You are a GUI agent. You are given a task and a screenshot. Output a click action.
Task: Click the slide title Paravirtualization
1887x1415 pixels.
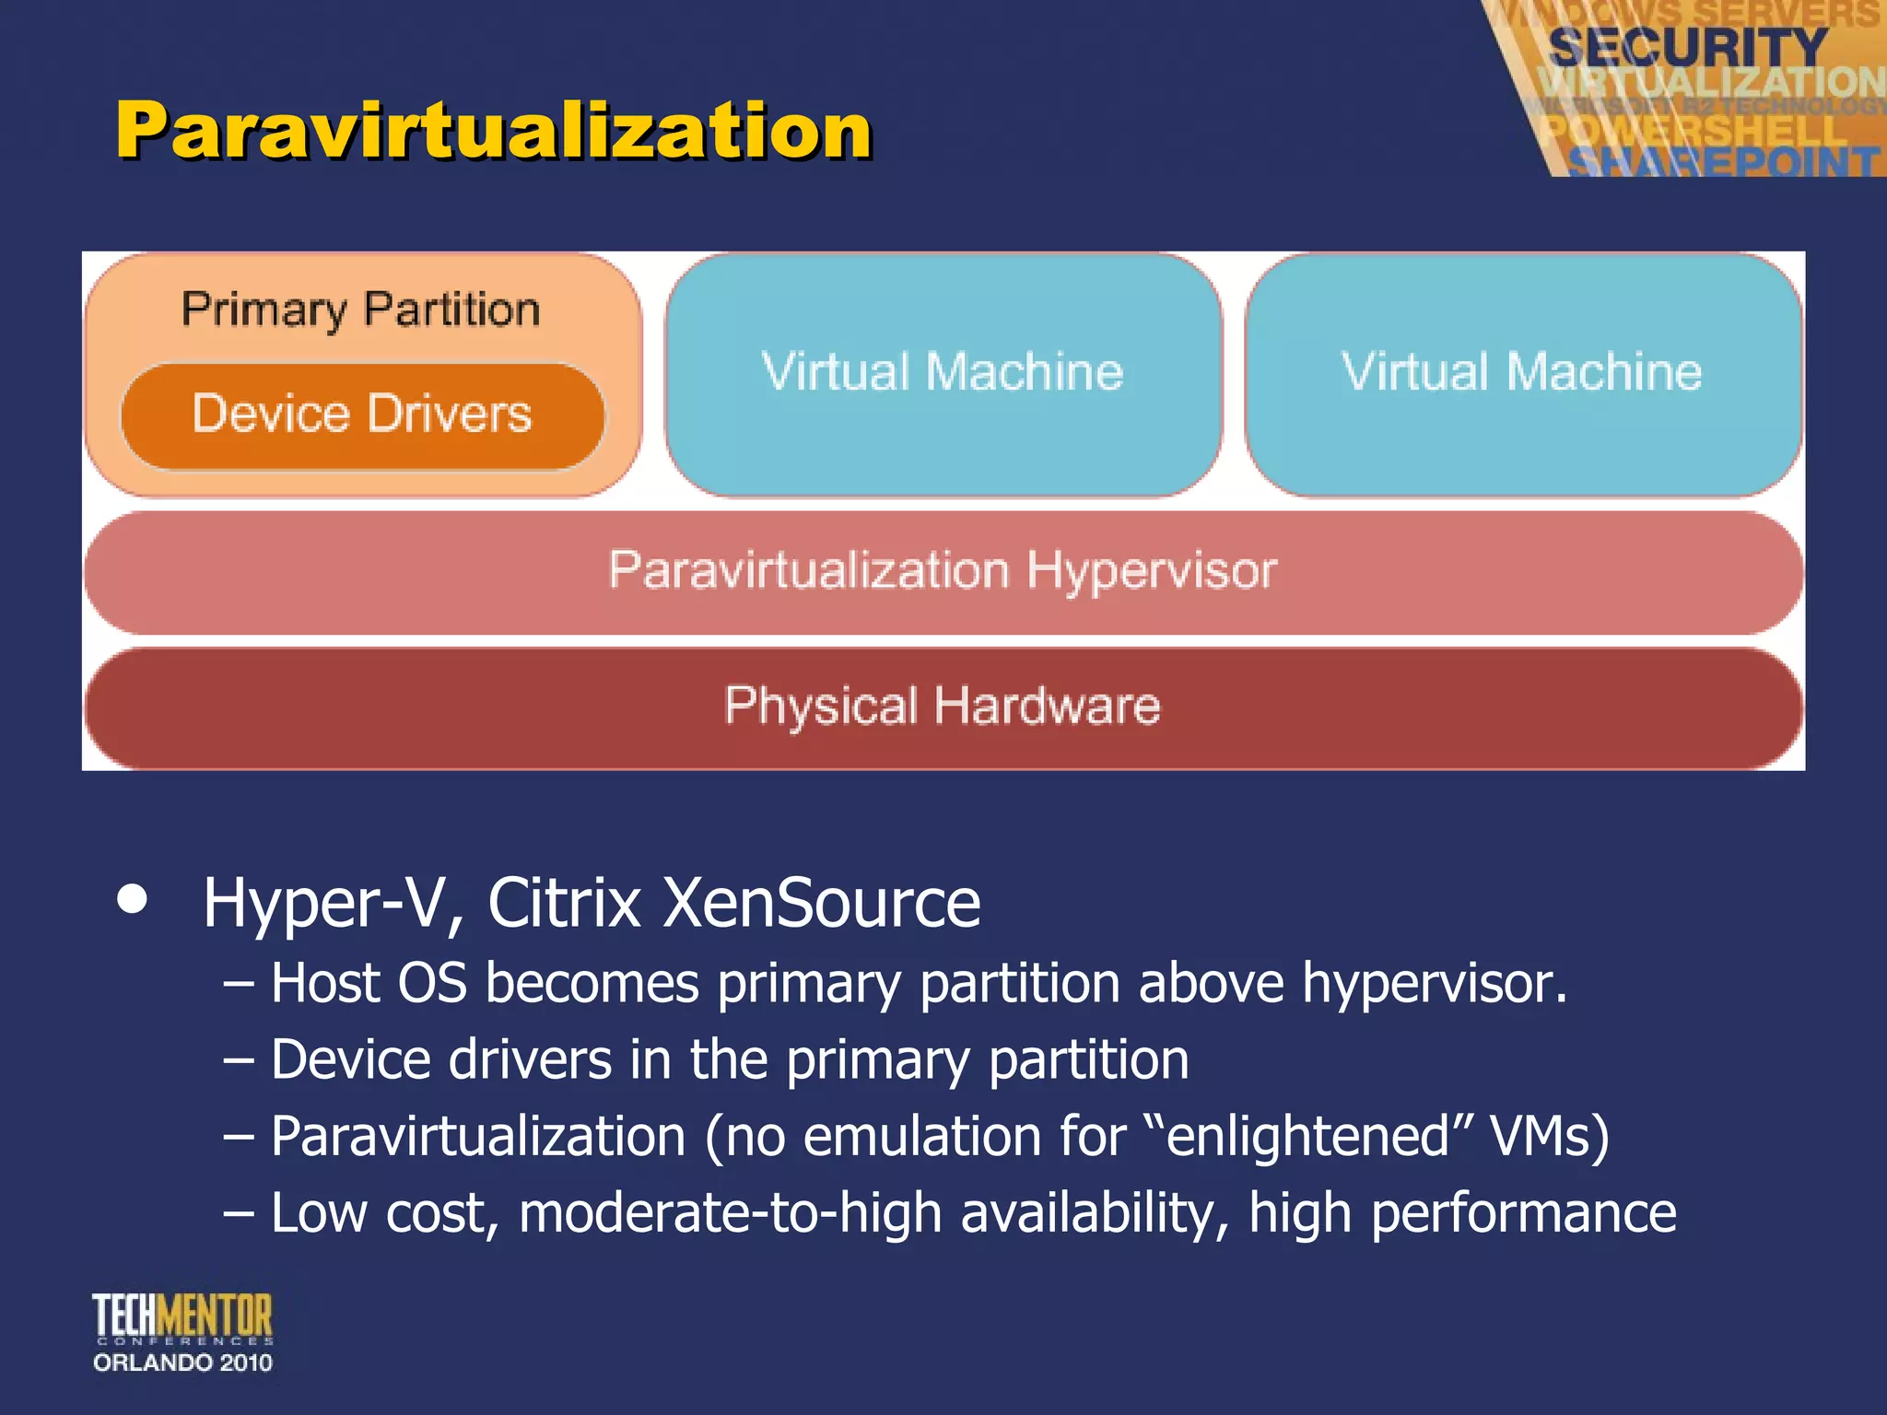click(x=494, y=131)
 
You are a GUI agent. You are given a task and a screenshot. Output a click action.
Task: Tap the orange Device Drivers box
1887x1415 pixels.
click(x=362, y=415)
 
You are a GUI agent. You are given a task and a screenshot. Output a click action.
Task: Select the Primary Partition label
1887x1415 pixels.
click(x=360, y=310)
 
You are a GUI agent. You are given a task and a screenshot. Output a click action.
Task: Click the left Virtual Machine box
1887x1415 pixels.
click(x=943, y=373)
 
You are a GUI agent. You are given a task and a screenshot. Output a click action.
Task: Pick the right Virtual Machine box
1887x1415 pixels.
click(x=1522, y=373)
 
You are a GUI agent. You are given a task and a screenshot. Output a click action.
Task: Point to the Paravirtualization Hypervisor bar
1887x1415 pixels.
click(x=943, y=571)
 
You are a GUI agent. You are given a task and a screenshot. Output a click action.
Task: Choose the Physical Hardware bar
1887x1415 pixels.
click(x=943, y=707)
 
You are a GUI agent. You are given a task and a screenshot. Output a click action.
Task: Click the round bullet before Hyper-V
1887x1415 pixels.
click(x=133, y=900)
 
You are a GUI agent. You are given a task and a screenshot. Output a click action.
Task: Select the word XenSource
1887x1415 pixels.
click(x=822, y=904)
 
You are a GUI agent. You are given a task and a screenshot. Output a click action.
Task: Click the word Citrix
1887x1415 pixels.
click(x=564, y=904)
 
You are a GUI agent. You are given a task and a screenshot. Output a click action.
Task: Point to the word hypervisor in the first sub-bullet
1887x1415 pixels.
click(x=1434, y=984)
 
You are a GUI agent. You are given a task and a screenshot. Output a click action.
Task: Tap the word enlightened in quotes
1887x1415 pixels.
click(x=1309, y=1136)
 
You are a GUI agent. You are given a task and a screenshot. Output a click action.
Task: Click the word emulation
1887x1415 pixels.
click(x=922, y=1136)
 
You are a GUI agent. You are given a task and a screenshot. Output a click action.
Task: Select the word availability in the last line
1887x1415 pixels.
click(x=1094, y=1212)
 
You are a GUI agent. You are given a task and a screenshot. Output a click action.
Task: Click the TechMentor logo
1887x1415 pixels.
click(x=182, y=1317)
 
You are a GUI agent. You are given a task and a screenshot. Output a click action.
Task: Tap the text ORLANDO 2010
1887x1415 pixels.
click(x=182, y=1362)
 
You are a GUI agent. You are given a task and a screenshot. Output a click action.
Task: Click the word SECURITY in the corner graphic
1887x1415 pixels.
click(x=1688, y=46)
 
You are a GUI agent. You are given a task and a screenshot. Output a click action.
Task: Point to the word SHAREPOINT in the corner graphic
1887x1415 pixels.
click(x=1723, y=162)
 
